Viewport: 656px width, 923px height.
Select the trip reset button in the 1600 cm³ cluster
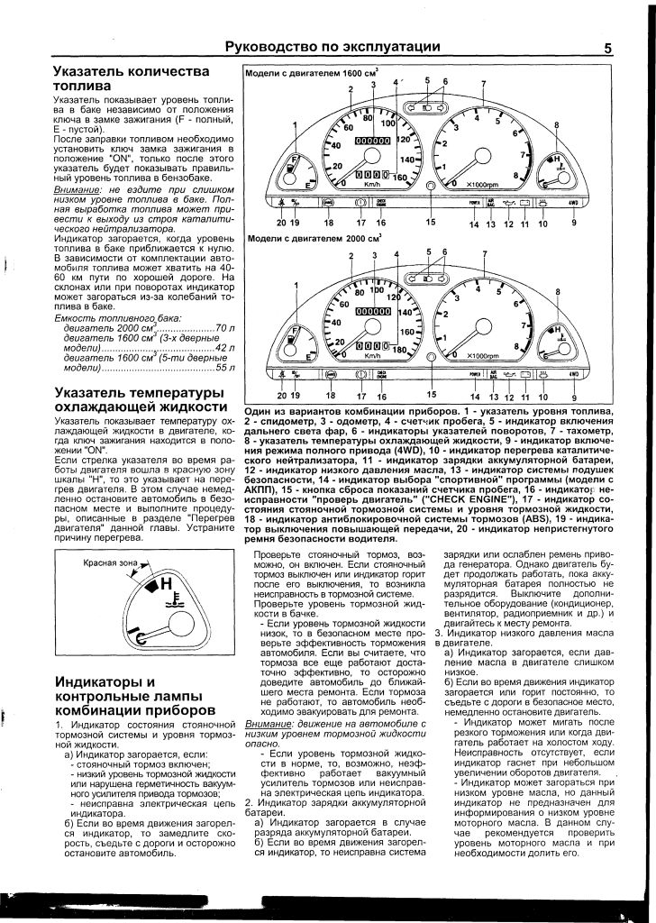pyautogui.click(x=431, y=187)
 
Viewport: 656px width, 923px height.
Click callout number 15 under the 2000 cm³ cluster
pyautogui.click(x=431, y=395)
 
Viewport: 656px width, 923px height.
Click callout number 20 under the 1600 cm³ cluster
pyautogui.click(x=281, y=222)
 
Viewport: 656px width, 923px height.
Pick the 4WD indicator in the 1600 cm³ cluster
pyautogui.click(x=574, y=203)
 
